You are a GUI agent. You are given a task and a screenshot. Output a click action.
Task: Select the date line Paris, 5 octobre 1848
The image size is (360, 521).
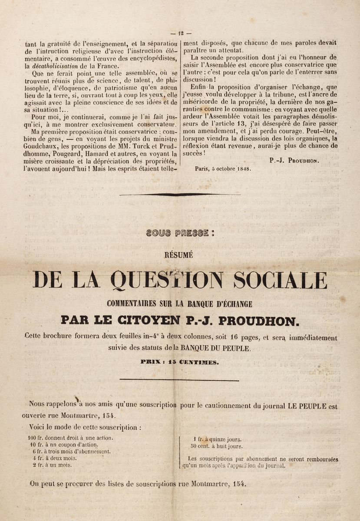tap(223, 169)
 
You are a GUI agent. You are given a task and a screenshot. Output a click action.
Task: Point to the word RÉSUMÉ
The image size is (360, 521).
tap(180, 255)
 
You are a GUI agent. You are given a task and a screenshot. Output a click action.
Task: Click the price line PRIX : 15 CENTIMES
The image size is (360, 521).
tap(180, 361)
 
